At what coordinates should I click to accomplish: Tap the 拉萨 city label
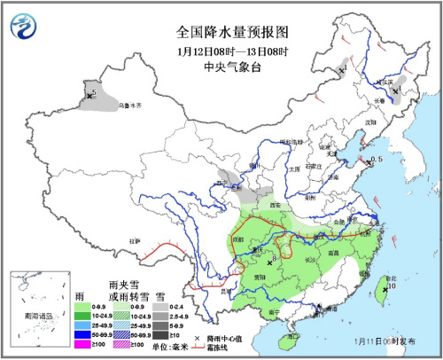pyautogui.click(x=134, y=239)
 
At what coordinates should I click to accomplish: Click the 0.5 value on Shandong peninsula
pyautogui.click(x=377, y=159)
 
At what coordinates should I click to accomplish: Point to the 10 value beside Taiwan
pyautogui.click(x=390, y=286)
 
